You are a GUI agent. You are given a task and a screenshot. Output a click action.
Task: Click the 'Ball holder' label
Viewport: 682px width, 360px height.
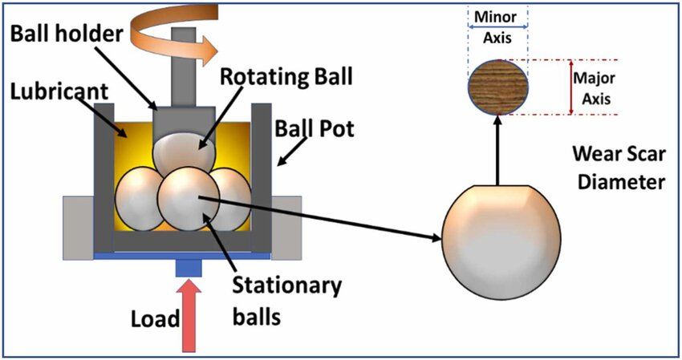click(67, 33)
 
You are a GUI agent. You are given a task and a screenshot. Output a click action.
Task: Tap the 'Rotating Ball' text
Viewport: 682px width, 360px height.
click(286, 76)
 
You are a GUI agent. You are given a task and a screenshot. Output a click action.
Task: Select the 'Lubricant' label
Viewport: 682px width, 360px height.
click(59, 91)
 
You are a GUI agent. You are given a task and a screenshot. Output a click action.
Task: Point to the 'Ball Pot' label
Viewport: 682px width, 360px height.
click(314, 129)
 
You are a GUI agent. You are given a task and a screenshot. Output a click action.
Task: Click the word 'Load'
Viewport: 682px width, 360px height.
click(156, 319)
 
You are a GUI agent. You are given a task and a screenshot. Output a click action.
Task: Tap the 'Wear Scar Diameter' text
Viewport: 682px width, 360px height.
click(619, 168)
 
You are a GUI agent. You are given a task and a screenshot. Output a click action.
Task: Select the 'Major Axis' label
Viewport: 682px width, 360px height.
click(594, 88)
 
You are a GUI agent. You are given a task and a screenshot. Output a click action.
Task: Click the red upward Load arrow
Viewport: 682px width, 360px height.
click(189, 316)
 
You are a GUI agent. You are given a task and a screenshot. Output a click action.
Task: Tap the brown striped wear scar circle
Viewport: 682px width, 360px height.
click(498, 87)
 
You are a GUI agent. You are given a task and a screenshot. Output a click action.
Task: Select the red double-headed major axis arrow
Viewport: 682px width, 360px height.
click(571, 87)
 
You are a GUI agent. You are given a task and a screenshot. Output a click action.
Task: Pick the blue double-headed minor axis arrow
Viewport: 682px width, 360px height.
click(498, 26)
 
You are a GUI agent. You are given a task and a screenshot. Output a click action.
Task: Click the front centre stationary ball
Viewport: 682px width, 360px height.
click(189, 198)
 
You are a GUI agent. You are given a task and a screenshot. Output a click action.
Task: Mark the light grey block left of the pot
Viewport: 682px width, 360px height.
click(79, 228)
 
